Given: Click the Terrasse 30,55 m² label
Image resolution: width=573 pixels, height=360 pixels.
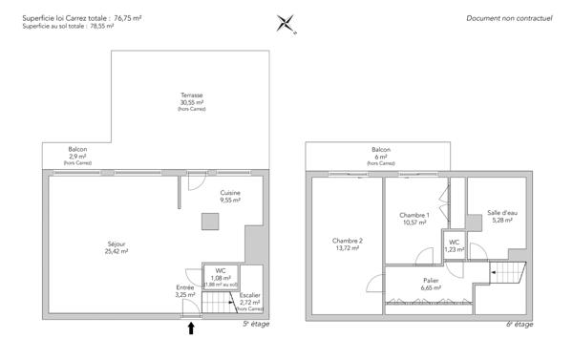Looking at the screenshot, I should click(x=191, y=102).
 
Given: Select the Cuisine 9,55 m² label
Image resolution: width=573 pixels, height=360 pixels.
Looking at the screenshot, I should click(x=230, y=198).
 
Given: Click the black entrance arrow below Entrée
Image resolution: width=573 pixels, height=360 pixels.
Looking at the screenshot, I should click(x=191, y=328).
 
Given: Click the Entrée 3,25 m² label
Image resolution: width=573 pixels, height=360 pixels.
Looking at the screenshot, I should click(x=185, y=291).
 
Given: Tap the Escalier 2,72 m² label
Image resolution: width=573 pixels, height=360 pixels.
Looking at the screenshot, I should click(x=250, y=301).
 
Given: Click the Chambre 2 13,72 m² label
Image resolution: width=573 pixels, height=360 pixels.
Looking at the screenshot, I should click(x=346, y=244).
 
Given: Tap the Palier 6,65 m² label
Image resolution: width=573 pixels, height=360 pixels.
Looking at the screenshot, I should click(x=431, y=284).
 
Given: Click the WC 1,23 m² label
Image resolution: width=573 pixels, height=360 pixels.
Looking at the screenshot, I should click(x=455, y=245).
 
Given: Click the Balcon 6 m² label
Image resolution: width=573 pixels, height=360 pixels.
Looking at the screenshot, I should click(x=381, y=155).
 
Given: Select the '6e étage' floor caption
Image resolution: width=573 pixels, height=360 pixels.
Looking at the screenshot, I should click(x=520, y=325).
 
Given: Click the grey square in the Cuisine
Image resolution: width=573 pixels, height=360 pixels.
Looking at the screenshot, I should click(x=209, y=222).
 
